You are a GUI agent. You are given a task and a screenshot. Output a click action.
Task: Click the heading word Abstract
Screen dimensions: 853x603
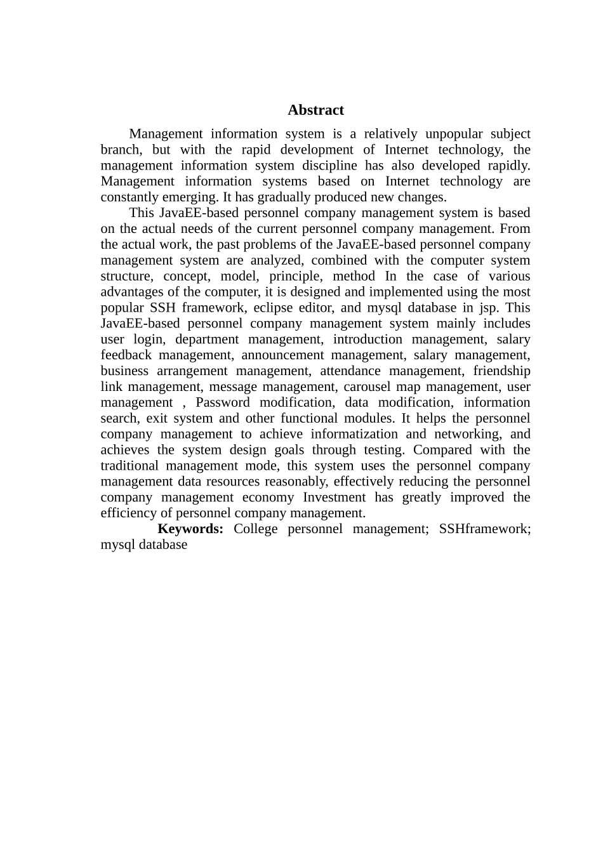(315, 110)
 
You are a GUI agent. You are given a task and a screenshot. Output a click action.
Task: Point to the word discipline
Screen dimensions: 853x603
(324, 166)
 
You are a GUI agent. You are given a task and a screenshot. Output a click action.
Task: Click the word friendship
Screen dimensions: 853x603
(501, 371)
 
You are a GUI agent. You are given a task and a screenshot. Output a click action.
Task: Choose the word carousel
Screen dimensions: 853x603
(368, 387)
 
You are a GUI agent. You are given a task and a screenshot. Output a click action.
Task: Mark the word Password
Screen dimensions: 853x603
(222, 402)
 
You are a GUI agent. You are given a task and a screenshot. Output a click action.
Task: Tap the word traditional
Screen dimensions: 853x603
(132, 466)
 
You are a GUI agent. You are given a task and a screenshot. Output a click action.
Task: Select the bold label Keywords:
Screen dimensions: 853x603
(190, 529)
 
